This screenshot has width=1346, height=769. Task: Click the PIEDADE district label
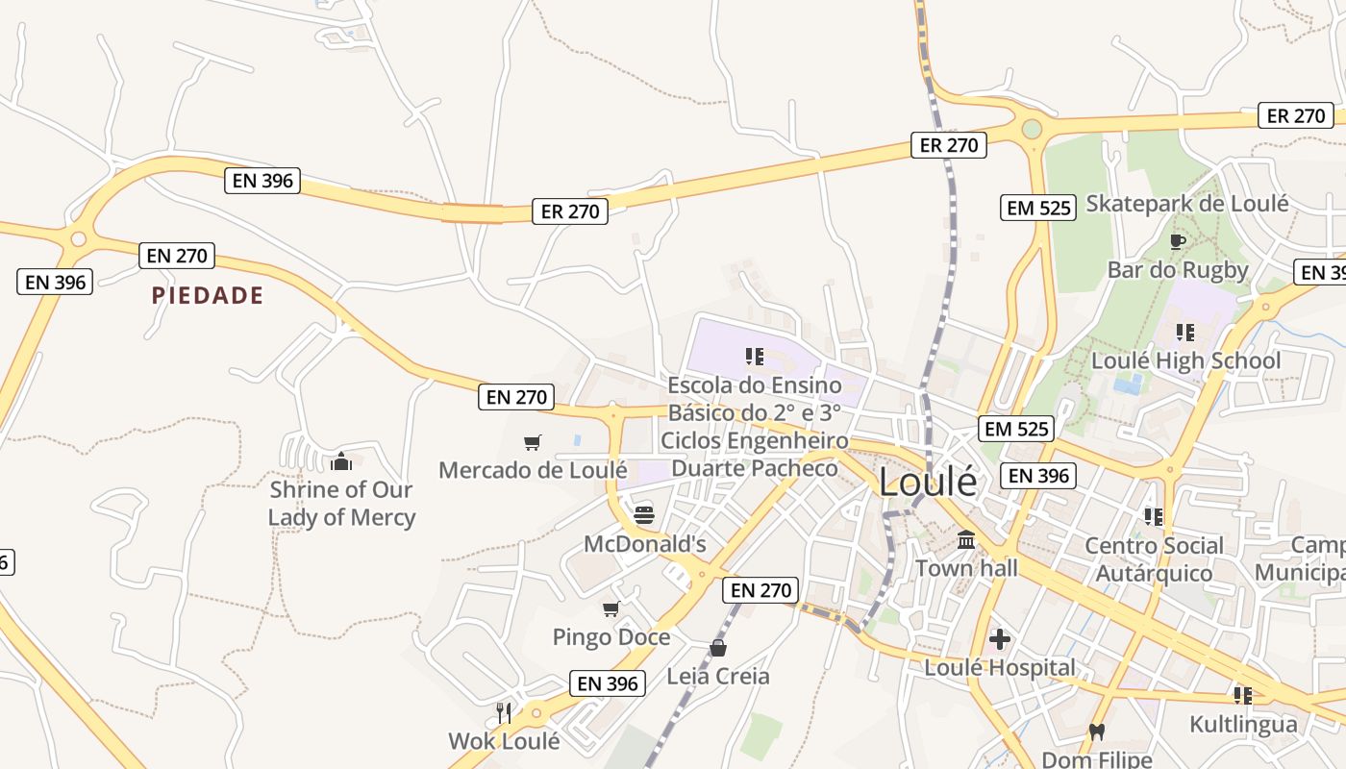tap(207, 295)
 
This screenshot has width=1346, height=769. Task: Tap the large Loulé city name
tap(928, 482)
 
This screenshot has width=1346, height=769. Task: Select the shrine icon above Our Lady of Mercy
tap(340, 462)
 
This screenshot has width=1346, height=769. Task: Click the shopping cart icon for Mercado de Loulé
tap(533, 442)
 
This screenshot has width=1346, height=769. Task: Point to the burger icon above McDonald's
tap(644, 514)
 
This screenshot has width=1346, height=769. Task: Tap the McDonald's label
tap(645, 544)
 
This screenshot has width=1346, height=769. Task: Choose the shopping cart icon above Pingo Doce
tap(611, 609)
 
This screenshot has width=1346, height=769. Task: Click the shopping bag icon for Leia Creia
tap(718, 648)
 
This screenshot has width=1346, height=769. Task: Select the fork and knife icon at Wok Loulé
tap(504, 712)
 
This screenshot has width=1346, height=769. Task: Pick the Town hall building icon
tap(966, 539)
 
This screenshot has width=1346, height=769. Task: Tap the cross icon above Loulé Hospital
tap(1000, 638)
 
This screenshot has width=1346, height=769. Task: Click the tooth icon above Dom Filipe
tap(1096, 732)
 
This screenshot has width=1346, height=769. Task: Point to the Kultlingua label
tap(1243, 724)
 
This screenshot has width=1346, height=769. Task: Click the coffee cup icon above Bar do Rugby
tap(1177, 241)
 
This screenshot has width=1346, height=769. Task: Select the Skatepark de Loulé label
tap(1186, 203)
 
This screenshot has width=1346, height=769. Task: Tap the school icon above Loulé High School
tap(1185, 333)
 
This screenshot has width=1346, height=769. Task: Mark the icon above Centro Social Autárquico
tap(1154, 517)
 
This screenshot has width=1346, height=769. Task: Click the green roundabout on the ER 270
tap(1032, 129)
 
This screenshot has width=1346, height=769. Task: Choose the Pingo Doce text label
tap(611, 637)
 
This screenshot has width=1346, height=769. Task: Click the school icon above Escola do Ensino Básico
tap(755, 358)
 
